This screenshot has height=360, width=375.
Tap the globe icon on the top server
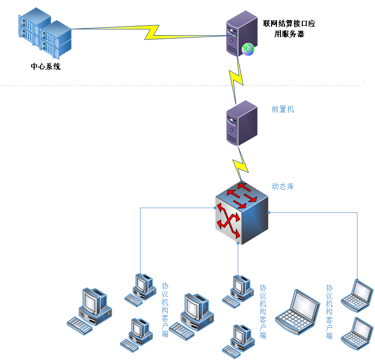point(248,49)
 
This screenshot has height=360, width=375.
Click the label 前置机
point(282,109)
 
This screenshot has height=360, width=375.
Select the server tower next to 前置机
point(241,123)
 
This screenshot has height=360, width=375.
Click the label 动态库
point(282,187)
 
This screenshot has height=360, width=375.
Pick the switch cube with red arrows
point(241,212)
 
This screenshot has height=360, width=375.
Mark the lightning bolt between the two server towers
point(236,79)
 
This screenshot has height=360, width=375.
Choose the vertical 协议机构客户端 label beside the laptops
point(329,311)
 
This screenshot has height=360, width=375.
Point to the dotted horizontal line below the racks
point(183,85)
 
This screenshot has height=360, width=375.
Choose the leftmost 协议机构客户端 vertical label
point(165,309)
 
